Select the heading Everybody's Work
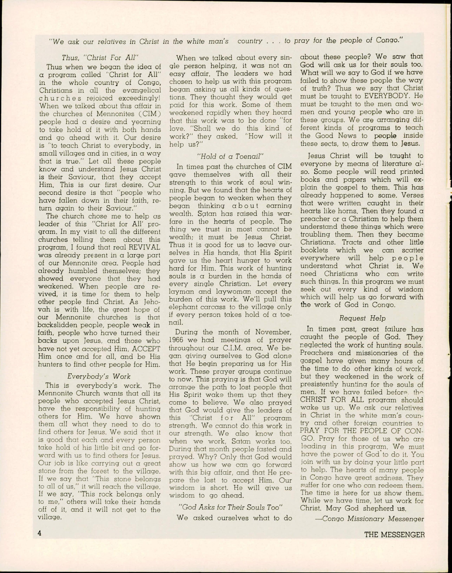coord(99,376)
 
